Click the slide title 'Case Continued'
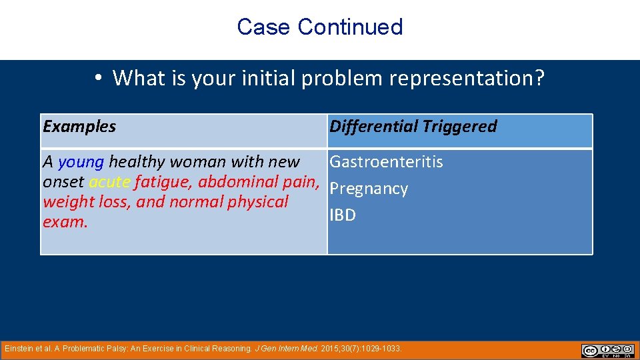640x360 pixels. pyautogui.click(x=320, y=27)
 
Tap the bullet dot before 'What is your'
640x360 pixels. pyautogui.click(x=97, y=79)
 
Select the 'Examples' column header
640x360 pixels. pyautogui.click(x=79, y=127)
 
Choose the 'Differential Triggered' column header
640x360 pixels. pyautogui.click(x=413, y=127)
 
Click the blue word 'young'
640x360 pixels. pyautogui.click(x=81, y=162)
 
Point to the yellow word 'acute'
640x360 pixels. pyautogui.click(x=109, y=182)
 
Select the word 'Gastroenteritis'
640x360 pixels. pyautogui.click(x=387, y=162)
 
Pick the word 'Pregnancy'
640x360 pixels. pyautogui.click(x=369, y=189)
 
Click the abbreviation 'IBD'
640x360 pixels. pyautogui.click(x=343, y=215)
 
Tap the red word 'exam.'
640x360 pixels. pyautogui.click(x=65, y=222)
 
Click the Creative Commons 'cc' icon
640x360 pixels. pyautogui.click(x=589, y=350)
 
